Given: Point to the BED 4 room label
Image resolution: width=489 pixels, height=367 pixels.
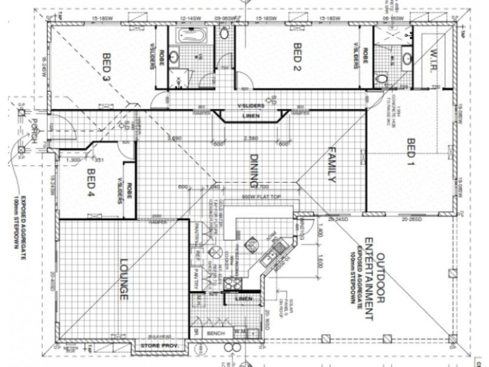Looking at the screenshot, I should tap(92, 182).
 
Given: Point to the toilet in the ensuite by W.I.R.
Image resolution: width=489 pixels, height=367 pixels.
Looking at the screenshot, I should tap(383, 78).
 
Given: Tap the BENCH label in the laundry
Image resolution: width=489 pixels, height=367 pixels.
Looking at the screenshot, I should tap(216, 333).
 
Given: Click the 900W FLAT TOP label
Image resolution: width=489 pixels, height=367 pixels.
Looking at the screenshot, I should tap(260, 198).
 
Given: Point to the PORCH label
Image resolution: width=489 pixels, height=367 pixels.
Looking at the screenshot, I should tap(34, 130).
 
